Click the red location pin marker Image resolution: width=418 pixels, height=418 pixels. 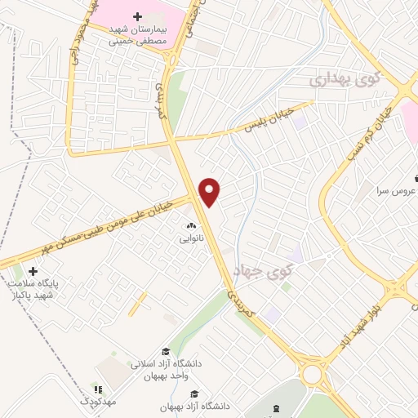[211, 191]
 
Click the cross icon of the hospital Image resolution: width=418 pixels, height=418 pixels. [137, 16]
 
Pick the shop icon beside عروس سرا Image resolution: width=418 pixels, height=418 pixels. [414, 175]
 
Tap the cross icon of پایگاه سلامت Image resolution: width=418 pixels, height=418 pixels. [33, 271]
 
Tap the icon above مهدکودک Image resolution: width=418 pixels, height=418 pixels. [99, 390]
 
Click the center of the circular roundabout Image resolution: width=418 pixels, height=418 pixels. [311, 374]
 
